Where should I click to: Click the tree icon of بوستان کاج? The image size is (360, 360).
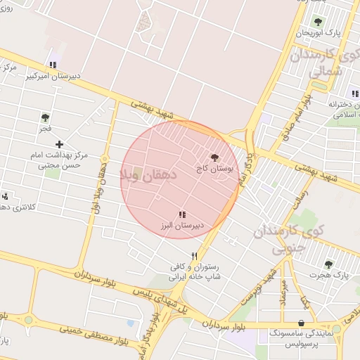(214, 158)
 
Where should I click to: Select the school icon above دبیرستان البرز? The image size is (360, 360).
(182, 214)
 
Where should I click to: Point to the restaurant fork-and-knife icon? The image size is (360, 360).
(194, 256)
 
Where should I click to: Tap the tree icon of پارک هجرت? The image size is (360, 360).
(328, 264)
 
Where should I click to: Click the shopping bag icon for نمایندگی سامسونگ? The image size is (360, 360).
(302, 323)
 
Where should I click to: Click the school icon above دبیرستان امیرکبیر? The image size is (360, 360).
(53, 65)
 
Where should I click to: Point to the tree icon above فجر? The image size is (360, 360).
(46, 117)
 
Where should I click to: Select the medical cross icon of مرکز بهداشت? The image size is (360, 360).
(59, 144)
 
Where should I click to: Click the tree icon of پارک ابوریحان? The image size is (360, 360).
(317, 22)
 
